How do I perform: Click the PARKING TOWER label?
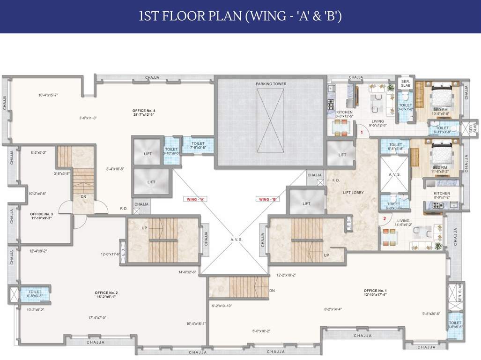point(271,84)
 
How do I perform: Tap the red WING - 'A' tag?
point(196,199)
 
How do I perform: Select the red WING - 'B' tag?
point(268,199)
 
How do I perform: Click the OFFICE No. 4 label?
point(144,112)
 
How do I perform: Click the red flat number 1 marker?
point(362,133)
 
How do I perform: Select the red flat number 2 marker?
point(384,218)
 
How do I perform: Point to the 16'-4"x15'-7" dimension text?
point(48,95)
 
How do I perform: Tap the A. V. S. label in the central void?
point(237,239)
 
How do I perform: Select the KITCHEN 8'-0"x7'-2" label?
point(441,195)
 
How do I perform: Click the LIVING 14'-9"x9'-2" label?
point(403,222)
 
